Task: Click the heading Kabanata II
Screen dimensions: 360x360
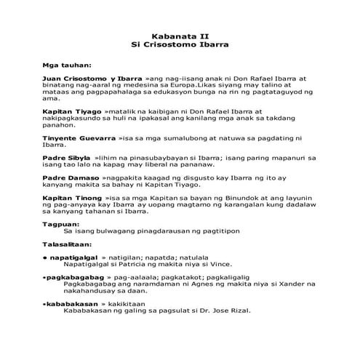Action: [179, 34]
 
